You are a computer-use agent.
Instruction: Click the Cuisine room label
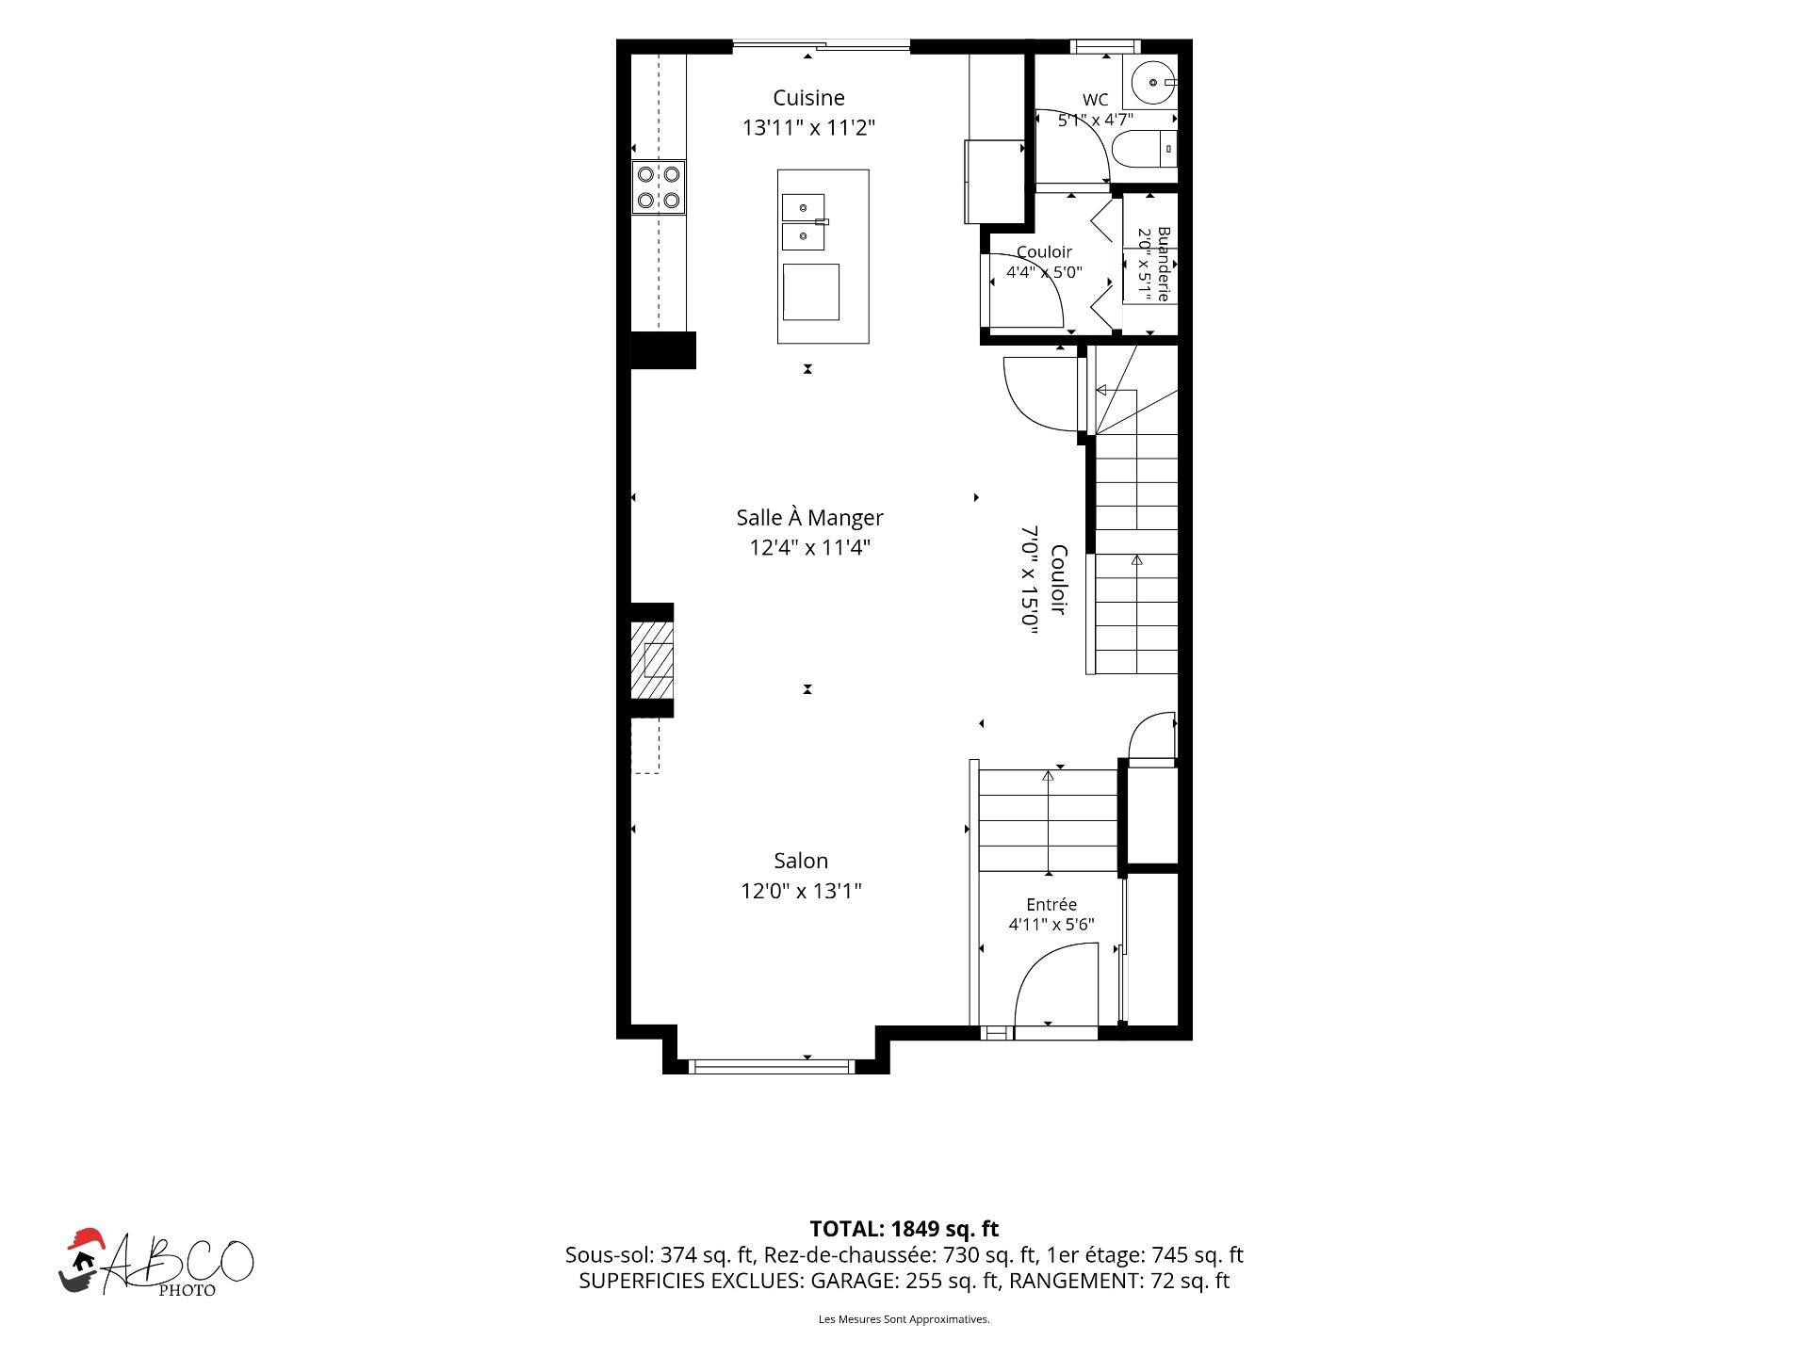[808, 98]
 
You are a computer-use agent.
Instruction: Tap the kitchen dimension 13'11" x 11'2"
[808, 127]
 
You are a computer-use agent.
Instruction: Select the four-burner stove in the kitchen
[659, 187]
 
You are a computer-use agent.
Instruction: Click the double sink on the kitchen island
[805, 222]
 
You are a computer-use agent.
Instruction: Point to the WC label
[1095, 100]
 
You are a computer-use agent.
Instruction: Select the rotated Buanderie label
[1165, 264]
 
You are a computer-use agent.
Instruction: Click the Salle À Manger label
[809, 518]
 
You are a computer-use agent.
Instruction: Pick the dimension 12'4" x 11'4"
[809, 547]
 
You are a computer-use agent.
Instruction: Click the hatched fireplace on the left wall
[652, 660]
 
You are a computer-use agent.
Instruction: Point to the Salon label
[801, 861]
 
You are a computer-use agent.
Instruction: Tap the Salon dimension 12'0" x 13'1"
[801, 891]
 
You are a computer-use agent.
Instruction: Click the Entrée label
[1051, 904]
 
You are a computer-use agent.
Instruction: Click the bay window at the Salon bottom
[772, 1067]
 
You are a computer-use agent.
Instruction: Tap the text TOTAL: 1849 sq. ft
[904, 1229]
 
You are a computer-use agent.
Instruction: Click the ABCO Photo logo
[156, 1263]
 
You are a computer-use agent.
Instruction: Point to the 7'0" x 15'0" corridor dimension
[1030, 580]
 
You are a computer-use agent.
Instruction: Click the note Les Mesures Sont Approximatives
[904, 1319]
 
